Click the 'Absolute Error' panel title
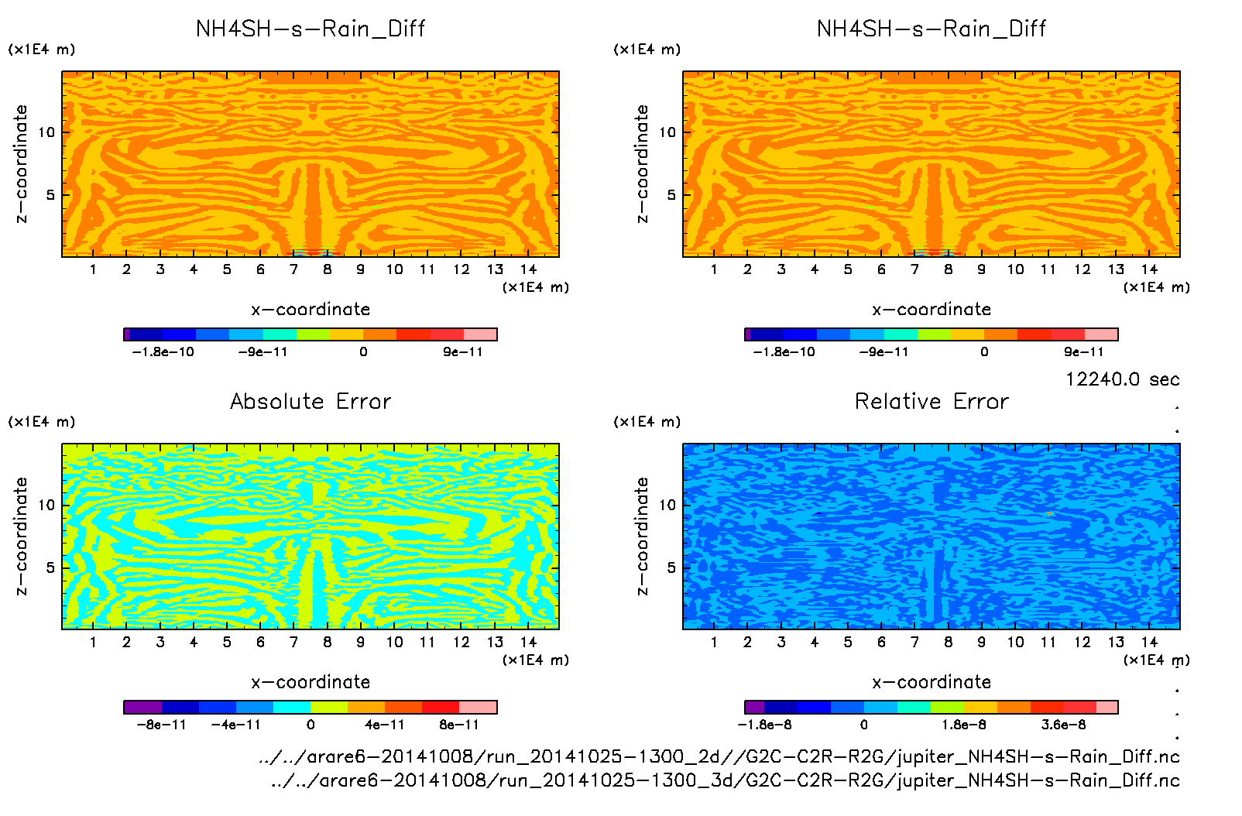pyautogui.click(x=310, y=401)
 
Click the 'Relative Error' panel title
pyautogui.click(x=931, y=401)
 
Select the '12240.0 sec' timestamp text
pyautogui.click(x=1122, y=379)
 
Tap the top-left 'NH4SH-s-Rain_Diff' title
pyautogui.click(x=310, y=29)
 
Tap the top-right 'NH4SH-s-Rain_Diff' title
pyautogui.click(x=931, y=29)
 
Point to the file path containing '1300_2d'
pyautogui.click(x=719, y=756)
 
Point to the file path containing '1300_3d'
pyautogui.click(x=726, y=780)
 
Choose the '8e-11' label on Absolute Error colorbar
pyautogui.click(x=458, y=725)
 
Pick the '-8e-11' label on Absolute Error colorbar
pyautogui.click(x=161, y=725)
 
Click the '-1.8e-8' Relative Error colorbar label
pyautogui.click(x=764, y=725)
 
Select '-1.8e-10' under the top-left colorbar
pyautogui.click(x=163, y=352)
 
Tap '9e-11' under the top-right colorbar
pyautogui.click(x=1083, y=352)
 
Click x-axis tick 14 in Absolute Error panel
pyautogui.click(x=528, y=642)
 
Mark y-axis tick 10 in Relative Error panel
pyautogui.click(x=667, y=505)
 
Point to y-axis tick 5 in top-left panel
pyautogui.click(x=50, y=194)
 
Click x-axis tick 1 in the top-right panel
pyautogui.click(x=714, y=269)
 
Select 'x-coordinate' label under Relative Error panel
pyautogui.click(x=931, y=682)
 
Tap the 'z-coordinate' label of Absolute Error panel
pyautogui.click(x=21, y=536)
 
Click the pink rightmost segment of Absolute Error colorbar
pyautogui.click(x=478, y=707)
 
